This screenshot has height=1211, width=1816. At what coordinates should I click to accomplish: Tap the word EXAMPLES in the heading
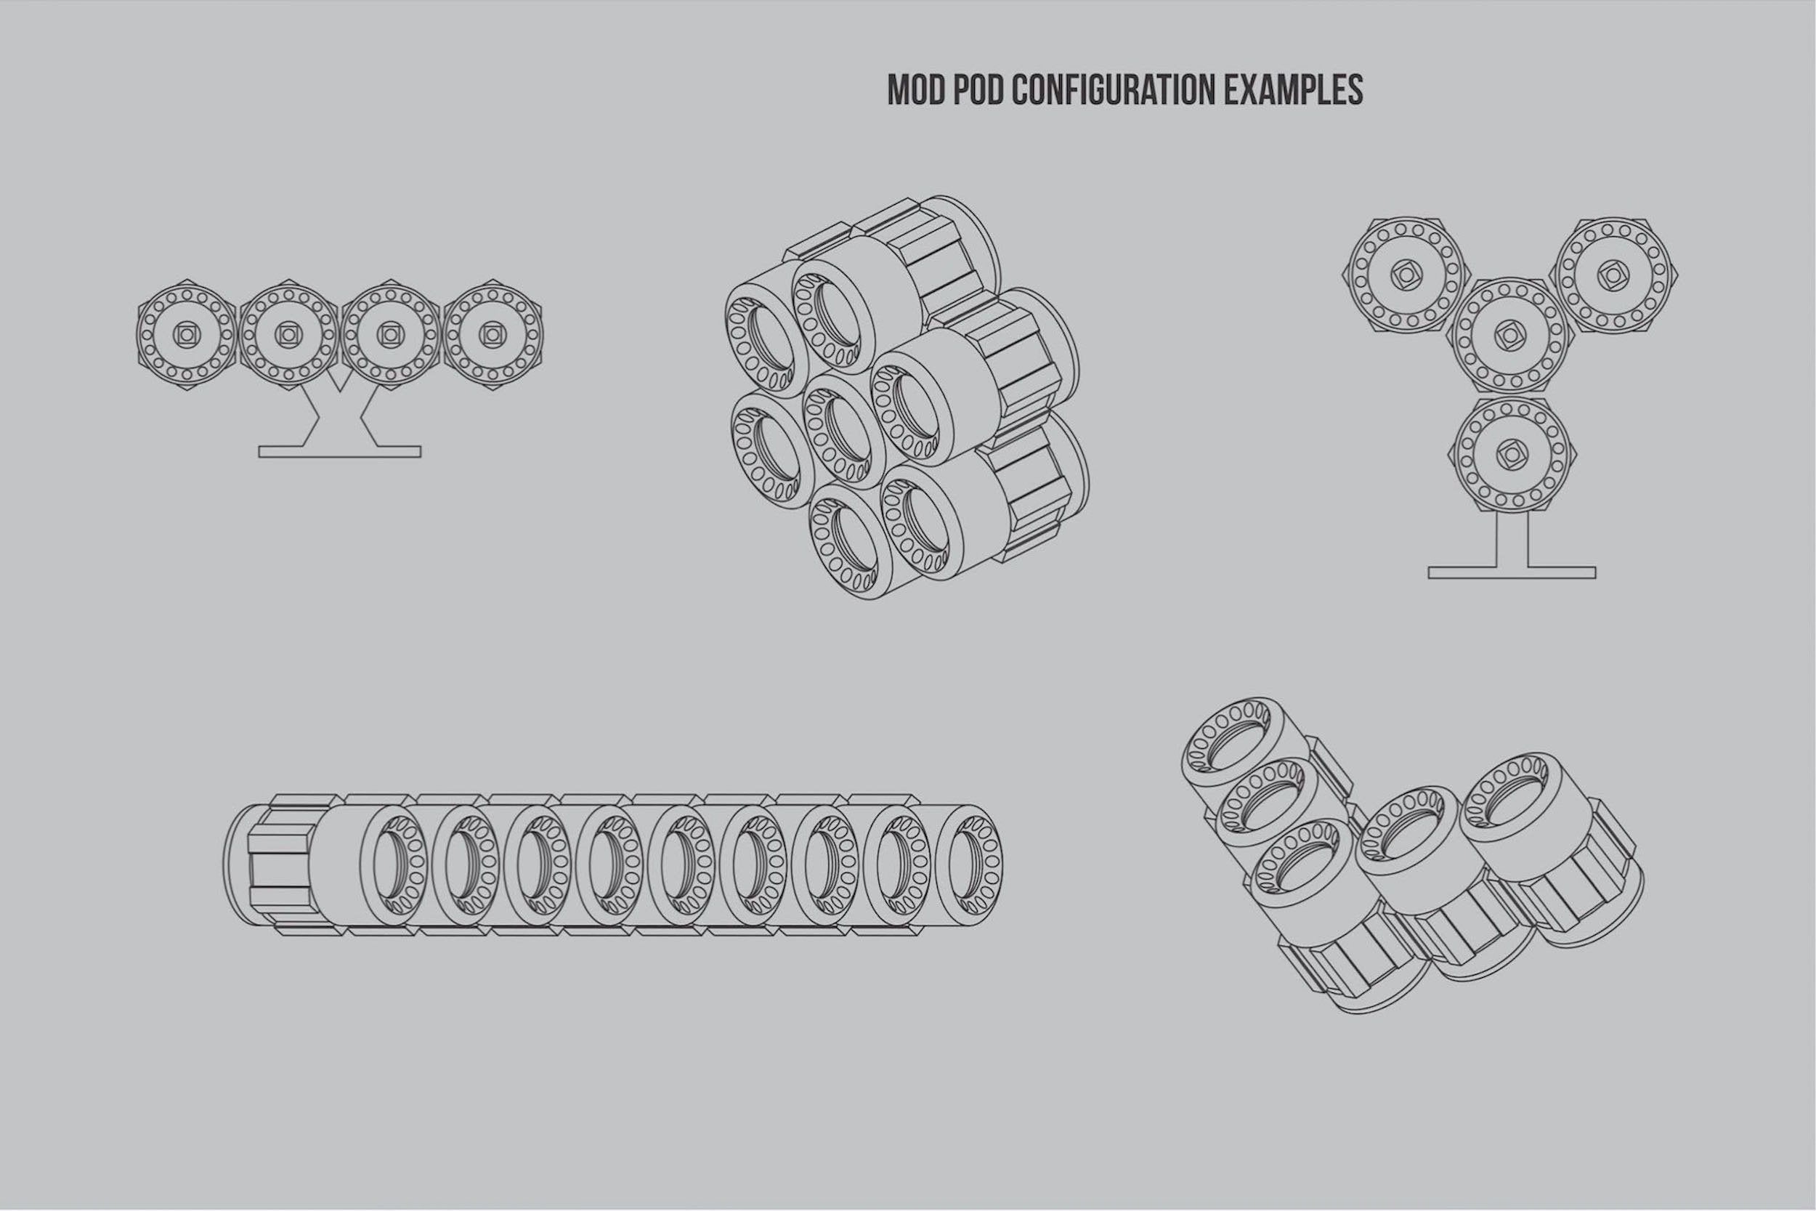tap(1294, 90)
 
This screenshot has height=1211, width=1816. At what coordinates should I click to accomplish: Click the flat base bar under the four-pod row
tap(340, 451)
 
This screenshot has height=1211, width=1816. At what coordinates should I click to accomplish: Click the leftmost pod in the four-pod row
tap(185, 333)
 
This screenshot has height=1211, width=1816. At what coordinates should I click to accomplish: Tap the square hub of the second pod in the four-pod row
tap(287, 333)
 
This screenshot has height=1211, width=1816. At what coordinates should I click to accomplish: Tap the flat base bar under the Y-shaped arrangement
tap(1511, 572)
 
